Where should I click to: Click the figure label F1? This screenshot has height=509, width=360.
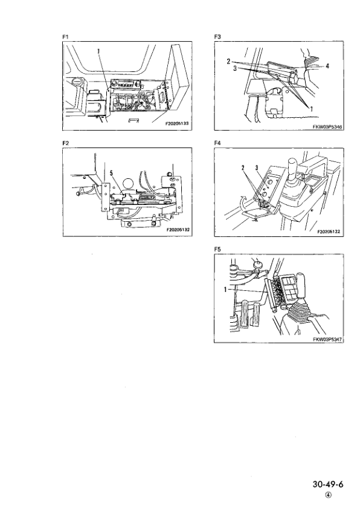coord(66,37)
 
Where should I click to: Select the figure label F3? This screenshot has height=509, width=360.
coord(218,37)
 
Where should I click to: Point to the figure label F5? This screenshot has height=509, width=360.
coord(218,248)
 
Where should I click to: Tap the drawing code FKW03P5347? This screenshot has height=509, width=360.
coord(327,339)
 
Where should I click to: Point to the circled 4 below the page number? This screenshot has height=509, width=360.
coord(328,494)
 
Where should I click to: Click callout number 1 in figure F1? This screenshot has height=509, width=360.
coord(98,52)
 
